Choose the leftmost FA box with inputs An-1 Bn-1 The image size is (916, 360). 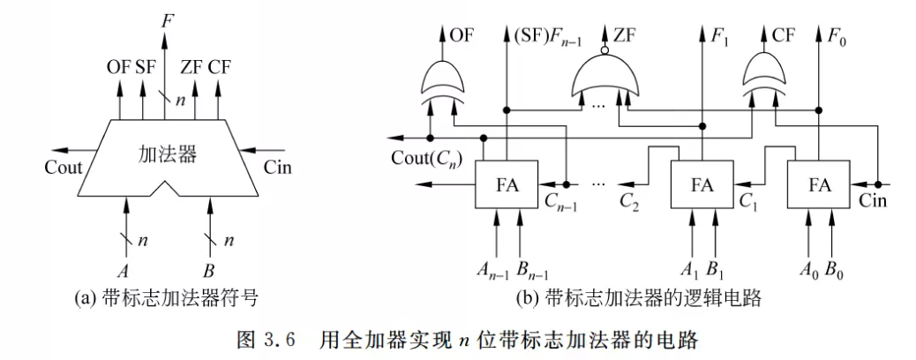[x=507, y=185]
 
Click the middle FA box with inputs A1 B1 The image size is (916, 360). [x=702, y=185]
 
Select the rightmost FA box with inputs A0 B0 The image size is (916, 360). [x=820, y=185]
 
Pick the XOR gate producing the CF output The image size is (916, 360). [x=764, y=82]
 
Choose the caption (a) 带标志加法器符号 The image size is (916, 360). [x=166, y=298]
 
